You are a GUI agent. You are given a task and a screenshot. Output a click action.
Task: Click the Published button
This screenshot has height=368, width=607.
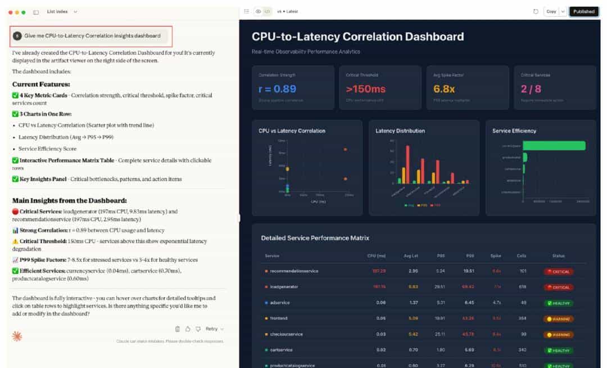(x=583, y=11)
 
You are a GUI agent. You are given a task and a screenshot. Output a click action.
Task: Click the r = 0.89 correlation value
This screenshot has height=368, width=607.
(x=278, y=89)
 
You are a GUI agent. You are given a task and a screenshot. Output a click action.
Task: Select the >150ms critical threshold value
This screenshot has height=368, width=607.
(x=366, y=89)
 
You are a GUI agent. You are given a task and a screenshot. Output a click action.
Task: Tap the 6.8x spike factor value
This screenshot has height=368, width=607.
(x=444, y=89)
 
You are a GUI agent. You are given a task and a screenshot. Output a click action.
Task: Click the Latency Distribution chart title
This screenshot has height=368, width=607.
(x=400, y=131)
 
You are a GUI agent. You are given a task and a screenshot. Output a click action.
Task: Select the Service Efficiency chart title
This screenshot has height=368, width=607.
(x=514, y=131)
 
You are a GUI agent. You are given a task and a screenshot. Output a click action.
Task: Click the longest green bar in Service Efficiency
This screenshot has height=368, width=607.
(x=554, y=146)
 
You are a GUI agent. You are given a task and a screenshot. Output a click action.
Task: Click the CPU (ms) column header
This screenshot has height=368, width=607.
(x=377, y=255)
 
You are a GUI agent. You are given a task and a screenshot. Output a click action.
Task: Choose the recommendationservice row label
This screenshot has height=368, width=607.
(x=294, y=271)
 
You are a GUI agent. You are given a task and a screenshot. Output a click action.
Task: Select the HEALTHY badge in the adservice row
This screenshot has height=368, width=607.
(x=559, y=303)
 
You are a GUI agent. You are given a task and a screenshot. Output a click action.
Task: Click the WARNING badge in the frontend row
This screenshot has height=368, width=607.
(x=559, y=318)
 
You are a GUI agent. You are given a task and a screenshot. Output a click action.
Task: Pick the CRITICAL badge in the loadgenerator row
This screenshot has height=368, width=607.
(x=559, y=287)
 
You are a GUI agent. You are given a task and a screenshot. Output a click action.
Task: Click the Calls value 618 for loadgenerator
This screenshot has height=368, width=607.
(x=523, y=287)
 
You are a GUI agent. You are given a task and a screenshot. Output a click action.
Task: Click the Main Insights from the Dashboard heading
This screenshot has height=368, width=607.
(x=70, y=200)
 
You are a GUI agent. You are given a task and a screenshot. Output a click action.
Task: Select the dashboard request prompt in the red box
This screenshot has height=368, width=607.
(x=92, y=35)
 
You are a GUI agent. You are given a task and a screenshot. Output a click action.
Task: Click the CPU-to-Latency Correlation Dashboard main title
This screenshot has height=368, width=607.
(x=357, y=37)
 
